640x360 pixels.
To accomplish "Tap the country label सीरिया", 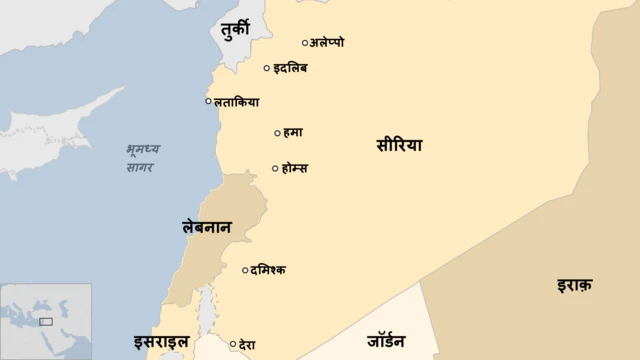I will (x=400, y=145).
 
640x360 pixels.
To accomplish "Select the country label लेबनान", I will (x=207, y=228).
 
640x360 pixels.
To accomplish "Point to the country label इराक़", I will (x=575, y=285).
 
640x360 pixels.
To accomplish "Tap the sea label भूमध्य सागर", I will (x=142, y=158).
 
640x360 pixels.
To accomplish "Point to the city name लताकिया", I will (x=237, y=101).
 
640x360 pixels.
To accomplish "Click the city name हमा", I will (x=293, y=132).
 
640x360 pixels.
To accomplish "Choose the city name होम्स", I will (x=295, y=168).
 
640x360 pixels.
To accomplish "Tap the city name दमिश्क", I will (x=268, y=269).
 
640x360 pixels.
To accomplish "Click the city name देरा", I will (x=248, y=345).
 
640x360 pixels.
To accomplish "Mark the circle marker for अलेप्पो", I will (x=305, y=43).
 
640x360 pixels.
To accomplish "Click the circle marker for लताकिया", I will (x=208, y=101).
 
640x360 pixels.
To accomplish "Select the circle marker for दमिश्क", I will (x=245, y=269).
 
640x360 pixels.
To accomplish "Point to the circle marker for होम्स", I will (x=275, y=168).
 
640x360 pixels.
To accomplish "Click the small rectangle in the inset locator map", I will (x=45, y=322).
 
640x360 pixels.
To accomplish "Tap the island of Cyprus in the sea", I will (x=60, y=118).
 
